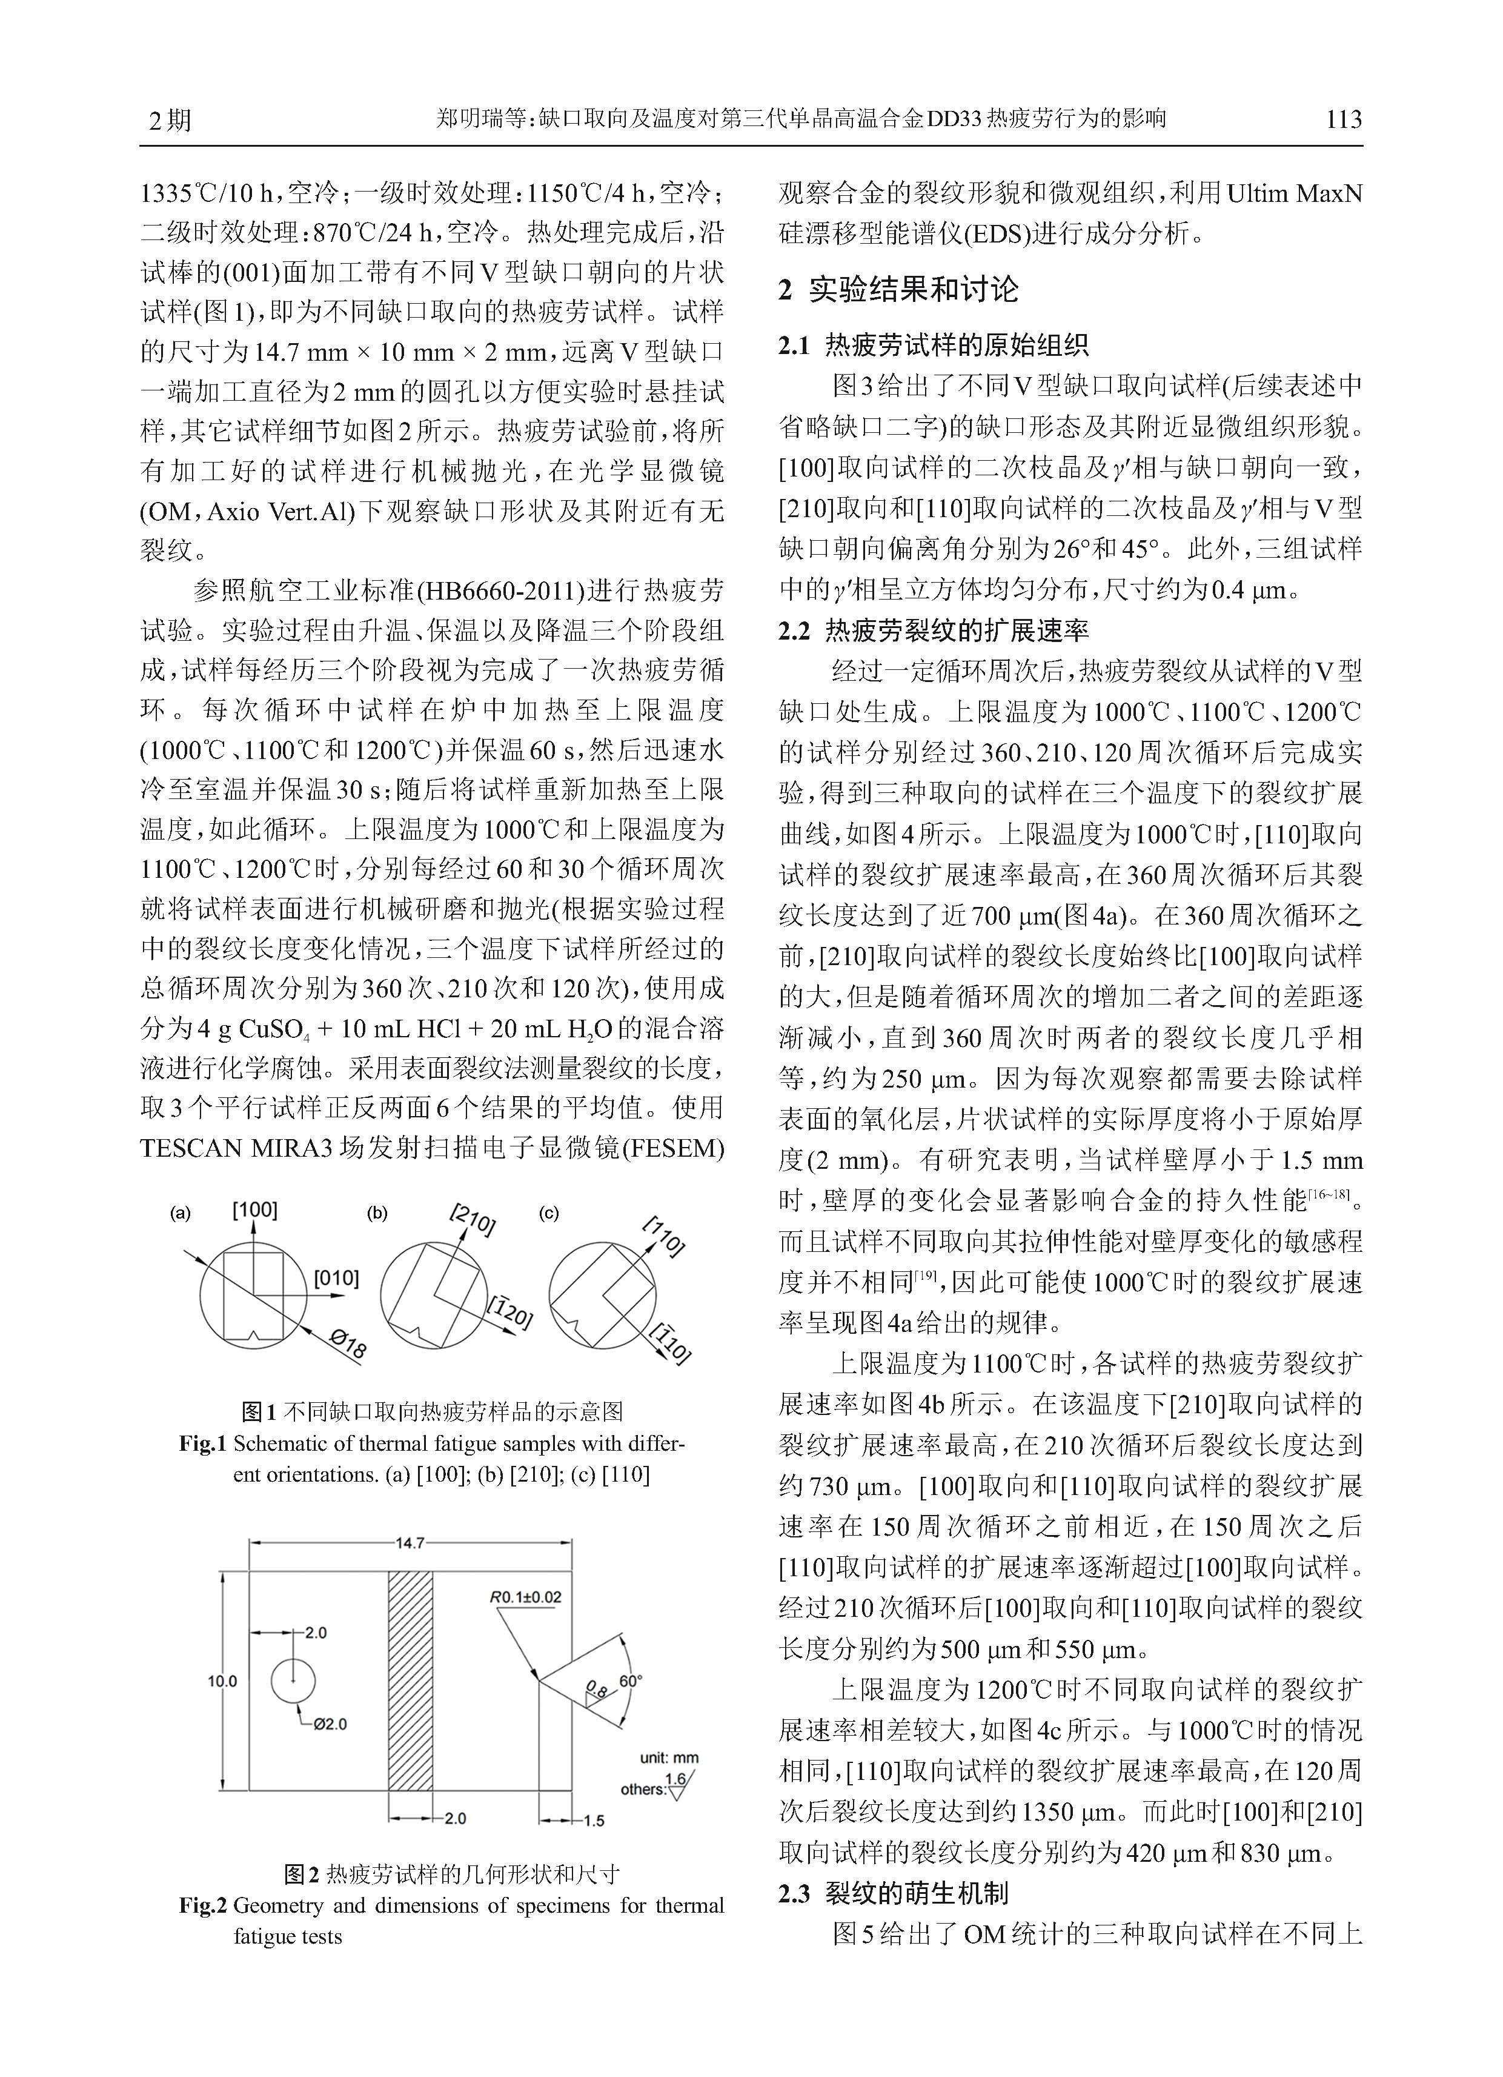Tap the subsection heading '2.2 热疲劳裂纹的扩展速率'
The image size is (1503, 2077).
click(x=933, y=630)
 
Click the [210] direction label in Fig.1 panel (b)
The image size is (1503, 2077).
click(x=473, y=1221)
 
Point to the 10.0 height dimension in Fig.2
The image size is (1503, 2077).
click(x=222, y=1681)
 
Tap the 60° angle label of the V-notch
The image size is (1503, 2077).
click(x=631, y=1681)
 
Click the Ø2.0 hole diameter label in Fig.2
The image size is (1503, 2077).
click(x=330, y=1724)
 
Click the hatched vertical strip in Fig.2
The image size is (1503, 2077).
click(x=410, y=1681)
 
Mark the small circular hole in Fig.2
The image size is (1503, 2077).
click(x=293, y=1681)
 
